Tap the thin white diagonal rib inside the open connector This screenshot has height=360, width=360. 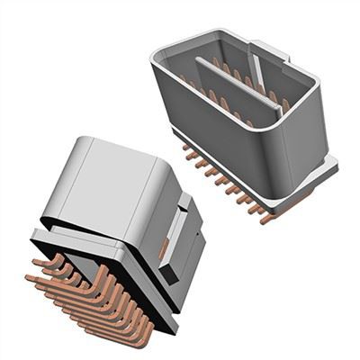258,74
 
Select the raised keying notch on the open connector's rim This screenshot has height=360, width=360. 270,49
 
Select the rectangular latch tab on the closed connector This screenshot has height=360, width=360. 180,236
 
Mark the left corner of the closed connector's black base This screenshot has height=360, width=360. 34,236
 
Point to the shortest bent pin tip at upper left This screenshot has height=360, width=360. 36,262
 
